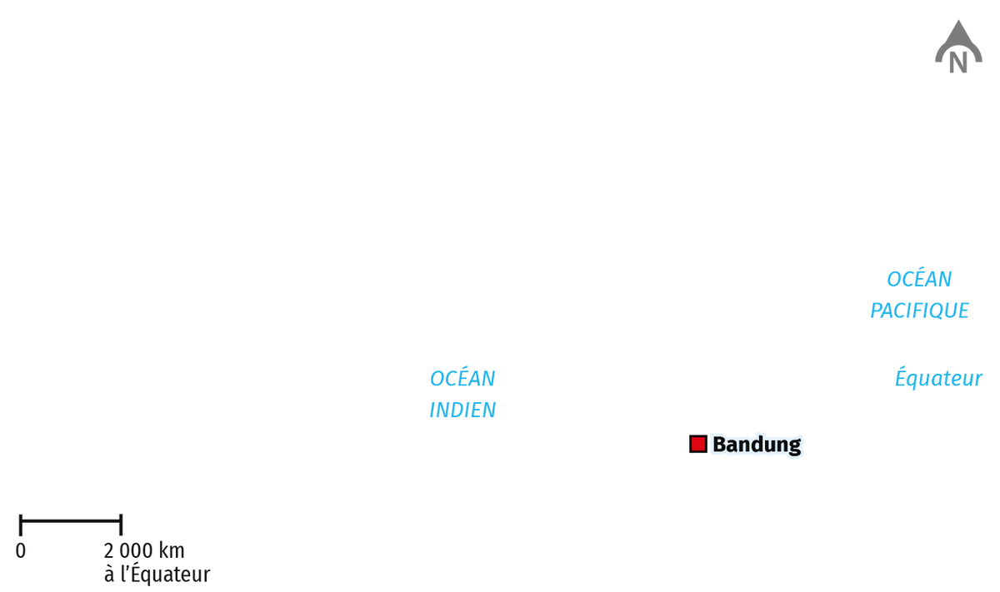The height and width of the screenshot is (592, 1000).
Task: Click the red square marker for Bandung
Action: pos(697,444)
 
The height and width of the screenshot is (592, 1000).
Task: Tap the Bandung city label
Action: pos(757,445)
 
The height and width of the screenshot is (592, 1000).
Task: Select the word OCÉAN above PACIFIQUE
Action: pos(919,279)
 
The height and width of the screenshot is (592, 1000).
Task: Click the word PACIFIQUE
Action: pos(919,311)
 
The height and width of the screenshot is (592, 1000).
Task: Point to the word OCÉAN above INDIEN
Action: pos(462,379)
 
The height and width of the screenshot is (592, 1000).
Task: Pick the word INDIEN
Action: pos(462,410)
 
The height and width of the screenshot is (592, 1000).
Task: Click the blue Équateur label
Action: pos(938,378)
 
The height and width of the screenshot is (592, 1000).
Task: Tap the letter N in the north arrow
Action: pos(958,63)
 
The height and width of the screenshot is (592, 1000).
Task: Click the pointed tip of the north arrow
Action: pos(958,20)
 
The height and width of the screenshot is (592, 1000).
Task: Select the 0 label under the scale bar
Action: pos(21,551)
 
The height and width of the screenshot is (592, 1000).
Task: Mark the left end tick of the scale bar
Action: pos(21,525)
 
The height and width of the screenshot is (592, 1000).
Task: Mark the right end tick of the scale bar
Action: pos(121,525)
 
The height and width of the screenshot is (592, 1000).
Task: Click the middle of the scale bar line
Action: pos(71,520)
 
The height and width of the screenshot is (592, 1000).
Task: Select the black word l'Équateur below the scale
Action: pos(165,574)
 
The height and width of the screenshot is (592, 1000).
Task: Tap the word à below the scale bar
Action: pos(109,575)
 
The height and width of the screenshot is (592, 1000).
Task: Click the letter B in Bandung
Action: pos(719,445)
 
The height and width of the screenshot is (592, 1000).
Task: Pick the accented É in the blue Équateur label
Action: pos(902,377)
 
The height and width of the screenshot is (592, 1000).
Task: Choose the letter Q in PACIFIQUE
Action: pos(939,311)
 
